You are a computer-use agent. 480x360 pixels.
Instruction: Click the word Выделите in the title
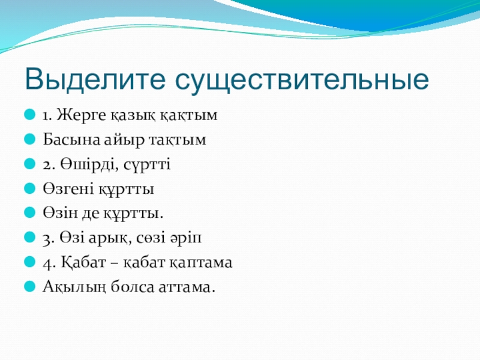click(95, 79)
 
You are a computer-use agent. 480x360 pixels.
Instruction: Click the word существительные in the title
click(302, 80)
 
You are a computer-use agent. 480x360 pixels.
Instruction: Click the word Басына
click(71, 140)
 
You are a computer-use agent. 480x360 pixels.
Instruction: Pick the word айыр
click(124, 140)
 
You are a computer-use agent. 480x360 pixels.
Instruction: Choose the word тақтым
click(178, 140)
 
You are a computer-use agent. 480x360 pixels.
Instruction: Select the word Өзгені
click(68, 189)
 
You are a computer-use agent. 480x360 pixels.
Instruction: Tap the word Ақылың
click(74, 287)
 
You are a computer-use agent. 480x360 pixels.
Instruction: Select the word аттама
click(187, 287)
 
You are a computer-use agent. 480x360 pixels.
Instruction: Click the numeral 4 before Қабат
click(47, 263)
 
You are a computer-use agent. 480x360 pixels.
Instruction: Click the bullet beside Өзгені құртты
click(29, 188)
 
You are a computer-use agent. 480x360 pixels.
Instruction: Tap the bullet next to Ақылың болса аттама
click(29, 286)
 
